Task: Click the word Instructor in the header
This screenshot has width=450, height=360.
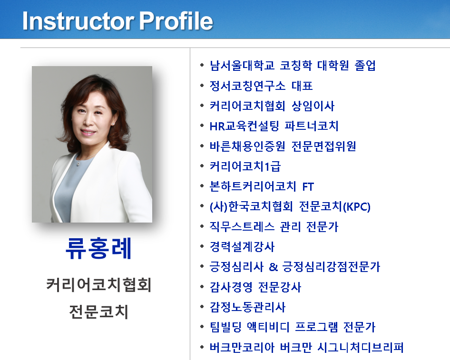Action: click(78, 20)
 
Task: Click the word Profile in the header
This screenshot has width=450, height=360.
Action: click(176, 20)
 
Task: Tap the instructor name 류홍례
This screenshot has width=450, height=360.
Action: click(98, 248)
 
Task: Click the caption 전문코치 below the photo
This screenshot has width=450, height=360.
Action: click(98, 311)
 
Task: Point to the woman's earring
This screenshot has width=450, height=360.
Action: click(112, 124)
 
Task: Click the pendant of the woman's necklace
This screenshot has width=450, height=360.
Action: click(78, 164)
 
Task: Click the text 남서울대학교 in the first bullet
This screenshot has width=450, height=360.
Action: click(242, 66)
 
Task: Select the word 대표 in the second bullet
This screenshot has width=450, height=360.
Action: click(302, 86)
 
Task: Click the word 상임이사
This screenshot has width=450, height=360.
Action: click(313, 106)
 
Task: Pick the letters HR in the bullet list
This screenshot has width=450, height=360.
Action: click(217, 126)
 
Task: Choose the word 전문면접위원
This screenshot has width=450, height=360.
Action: click(324, 146)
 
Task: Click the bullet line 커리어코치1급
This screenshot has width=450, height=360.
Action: click(245, 166)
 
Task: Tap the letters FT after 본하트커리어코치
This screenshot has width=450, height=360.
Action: click(308, 187)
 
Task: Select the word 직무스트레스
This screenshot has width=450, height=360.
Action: click(242, 227)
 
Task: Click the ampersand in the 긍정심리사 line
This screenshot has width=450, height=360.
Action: click(273, 267)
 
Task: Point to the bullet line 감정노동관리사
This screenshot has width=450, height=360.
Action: click(247, 307)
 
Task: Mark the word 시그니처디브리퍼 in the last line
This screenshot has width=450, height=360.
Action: click(361, 347)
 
